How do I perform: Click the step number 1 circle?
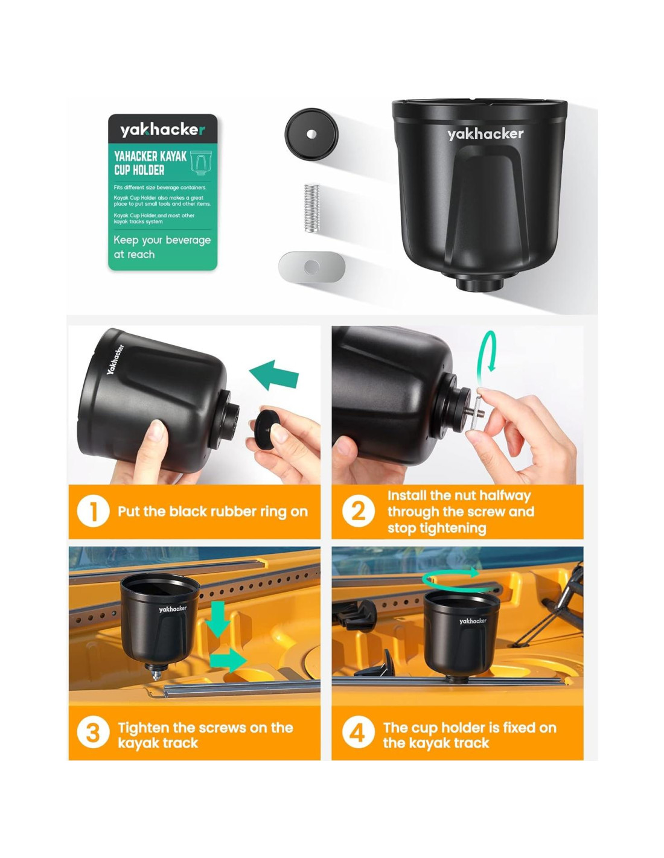point(93,511)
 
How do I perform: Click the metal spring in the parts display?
point(311,208)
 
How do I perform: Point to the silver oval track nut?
point(311,267)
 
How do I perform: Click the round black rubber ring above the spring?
point(311,134)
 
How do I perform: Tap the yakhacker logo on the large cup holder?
point(485,134)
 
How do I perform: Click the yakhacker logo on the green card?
point(163,130)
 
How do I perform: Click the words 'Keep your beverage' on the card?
point(162,240)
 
